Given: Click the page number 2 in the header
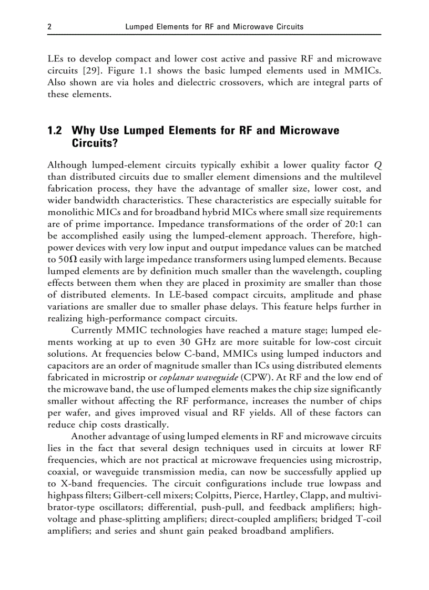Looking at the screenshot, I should [x=49, y=26].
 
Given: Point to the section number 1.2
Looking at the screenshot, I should [x=55, y=130].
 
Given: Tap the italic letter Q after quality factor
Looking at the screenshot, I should [x=377, y=164].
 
